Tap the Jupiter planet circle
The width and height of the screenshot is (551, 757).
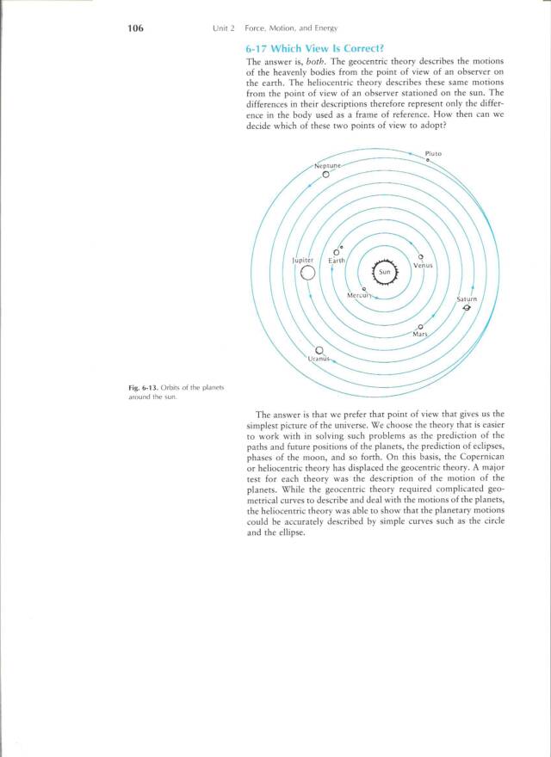click(307, 273)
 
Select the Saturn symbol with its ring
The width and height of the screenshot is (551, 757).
click(467, 311)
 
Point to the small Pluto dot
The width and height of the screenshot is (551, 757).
click(428, 162)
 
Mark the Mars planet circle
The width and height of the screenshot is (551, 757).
click(420, 327)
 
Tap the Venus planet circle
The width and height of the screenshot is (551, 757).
click(420, 257)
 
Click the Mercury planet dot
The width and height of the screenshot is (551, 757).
click(364, 289)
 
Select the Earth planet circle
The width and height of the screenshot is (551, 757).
click(337, 252)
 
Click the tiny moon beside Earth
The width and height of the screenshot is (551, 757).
click(342, 244)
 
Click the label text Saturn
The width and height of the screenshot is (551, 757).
click(466, 300)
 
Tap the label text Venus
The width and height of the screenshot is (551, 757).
click(423, 266)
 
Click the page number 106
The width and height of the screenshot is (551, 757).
click(133, 28)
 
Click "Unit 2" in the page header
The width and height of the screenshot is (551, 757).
click(224, 29)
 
